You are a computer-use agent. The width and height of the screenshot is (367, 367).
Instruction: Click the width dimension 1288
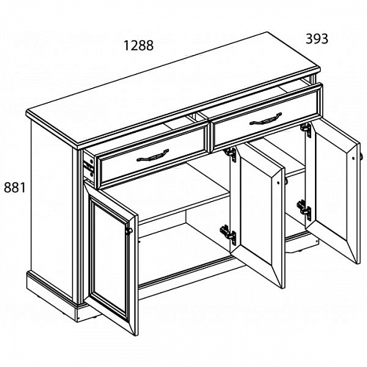click(139, 46)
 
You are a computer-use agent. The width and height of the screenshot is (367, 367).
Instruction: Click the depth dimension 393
click(316, 39)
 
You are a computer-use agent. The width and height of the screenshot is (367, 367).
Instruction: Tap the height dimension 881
click(15, 188)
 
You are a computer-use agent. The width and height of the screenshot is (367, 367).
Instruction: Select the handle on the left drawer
click(153, 156)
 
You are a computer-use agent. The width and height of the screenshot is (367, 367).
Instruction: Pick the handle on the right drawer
click(266, 119)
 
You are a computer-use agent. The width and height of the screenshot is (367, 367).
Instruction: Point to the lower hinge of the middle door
click(228, 234)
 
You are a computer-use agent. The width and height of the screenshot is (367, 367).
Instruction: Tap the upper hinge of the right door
click(306, 129)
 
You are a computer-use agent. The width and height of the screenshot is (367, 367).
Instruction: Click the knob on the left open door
click(128, 230)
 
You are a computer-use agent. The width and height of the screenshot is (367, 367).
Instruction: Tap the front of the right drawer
click(266, 117)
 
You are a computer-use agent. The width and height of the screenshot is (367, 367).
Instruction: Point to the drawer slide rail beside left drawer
click(88, 167)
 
